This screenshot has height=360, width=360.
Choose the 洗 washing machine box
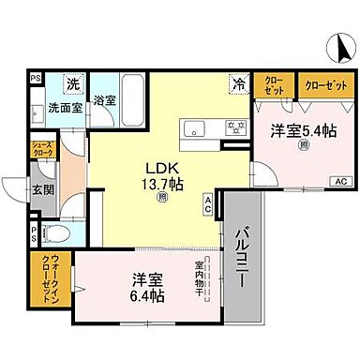72,84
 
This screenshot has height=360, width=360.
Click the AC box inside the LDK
209,205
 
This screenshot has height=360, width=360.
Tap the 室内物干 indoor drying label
199,280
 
